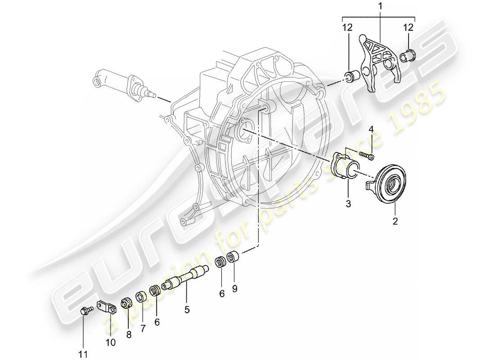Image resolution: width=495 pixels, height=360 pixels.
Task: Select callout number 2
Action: point(394,221)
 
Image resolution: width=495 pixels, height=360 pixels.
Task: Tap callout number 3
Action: point(348,204)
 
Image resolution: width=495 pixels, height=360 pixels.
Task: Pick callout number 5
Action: point(187,309)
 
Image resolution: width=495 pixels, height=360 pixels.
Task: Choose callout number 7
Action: point(143,329)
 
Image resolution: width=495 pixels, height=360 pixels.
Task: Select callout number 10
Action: point(111,342)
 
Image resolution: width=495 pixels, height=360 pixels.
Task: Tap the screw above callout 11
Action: point(85,310)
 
